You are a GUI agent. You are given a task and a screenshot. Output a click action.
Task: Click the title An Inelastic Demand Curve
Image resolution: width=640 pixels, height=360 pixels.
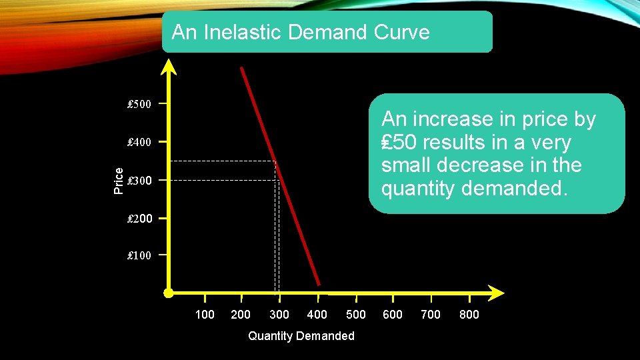pos(301,32)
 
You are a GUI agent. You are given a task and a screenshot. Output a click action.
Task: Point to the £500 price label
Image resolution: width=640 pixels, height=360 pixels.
pos(139,104)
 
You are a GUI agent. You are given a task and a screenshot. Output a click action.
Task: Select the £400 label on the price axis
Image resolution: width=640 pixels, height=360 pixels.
pos(139,142)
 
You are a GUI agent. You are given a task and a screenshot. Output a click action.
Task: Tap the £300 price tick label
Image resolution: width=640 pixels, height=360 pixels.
pos(139,181)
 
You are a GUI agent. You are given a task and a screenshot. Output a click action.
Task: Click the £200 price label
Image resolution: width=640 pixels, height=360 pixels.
pos(139,218)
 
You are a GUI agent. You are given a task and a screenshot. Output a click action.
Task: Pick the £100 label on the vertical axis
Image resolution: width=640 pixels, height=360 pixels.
pos(139,255)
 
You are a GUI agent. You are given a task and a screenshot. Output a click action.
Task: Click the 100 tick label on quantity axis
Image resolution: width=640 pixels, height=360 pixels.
pos(205,315)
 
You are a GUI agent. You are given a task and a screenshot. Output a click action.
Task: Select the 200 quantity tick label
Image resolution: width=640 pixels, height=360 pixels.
pos(240,315)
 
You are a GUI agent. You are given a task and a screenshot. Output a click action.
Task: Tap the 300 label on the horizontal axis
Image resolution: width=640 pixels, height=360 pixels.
pos(279,315)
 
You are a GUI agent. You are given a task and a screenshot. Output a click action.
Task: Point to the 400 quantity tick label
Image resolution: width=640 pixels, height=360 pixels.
pos(317,315)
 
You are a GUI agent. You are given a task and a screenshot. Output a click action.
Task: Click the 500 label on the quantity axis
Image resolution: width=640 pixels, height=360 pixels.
pos(356,315)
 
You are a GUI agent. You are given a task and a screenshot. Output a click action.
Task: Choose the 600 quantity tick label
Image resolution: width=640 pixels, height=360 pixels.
pos(393,315)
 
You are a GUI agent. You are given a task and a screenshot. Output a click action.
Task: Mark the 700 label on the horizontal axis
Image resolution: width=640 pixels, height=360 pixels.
pos(431,315)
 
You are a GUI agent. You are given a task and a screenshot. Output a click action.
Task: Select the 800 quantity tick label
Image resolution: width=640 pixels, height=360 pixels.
pos(469,315)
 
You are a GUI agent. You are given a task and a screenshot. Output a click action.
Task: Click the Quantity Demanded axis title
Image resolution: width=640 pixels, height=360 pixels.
pos(301,336)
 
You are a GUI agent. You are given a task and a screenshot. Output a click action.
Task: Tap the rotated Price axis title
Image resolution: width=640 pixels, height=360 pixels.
pos(119,181)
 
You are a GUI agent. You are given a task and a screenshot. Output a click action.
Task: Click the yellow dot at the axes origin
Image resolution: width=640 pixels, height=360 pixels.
pos(169,293)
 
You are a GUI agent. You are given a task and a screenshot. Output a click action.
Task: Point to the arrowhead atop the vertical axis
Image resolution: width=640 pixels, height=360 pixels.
pos(169,66)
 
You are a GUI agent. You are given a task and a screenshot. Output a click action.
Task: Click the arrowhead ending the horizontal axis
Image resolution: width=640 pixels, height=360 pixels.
pos(496,293)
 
